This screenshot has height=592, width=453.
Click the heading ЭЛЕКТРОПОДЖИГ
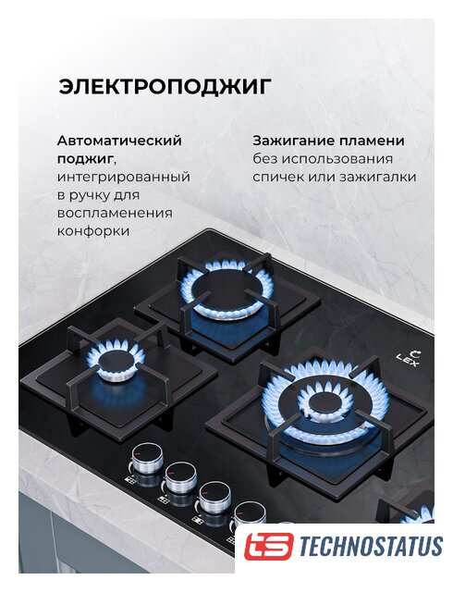point(165,87)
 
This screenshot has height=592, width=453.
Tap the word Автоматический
point(119,142)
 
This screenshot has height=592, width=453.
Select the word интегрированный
point(124,178)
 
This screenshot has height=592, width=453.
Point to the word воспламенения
point(115,213)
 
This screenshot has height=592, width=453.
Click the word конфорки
point(93,231)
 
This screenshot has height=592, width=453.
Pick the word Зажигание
point(293,142)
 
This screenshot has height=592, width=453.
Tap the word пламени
point(372,142)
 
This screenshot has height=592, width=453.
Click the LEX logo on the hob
point(410,359)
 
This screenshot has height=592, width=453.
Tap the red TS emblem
point(268,546)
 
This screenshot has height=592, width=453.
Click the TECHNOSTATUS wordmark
point(371,546)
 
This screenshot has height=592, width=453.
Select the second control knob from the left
point(181,478)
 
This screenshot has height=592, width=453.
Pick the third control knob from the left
point(214,497)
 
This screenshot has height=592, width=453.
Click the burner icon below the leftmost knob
point(130,481)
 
